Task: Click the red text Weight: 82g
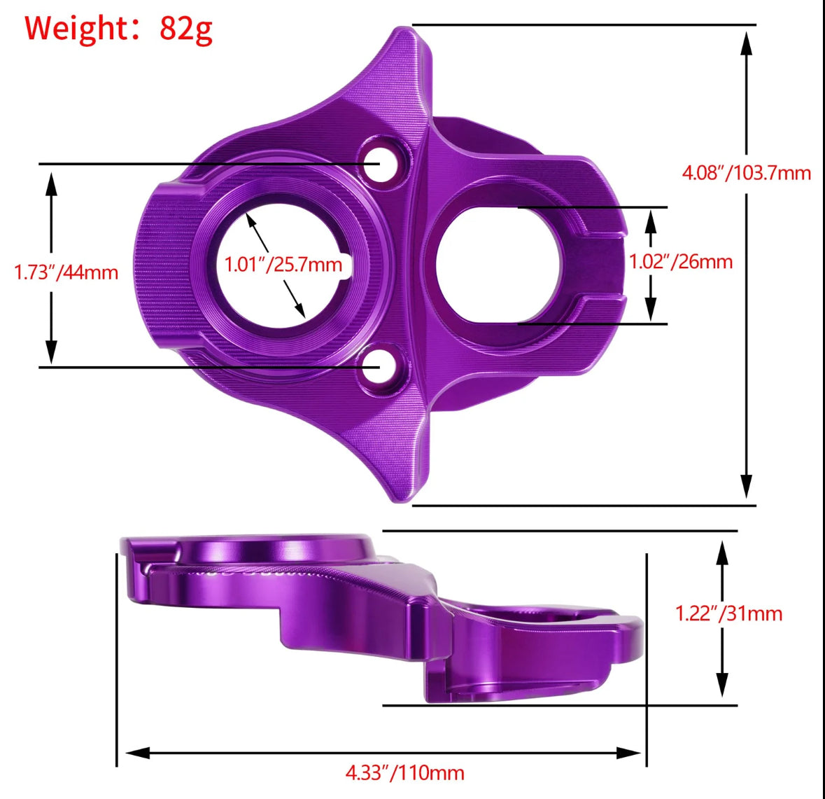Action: pos(118,28)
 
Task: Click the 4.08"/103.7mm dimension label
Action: pos(746,172)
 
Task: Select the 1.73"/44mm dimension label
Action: pos(66,272)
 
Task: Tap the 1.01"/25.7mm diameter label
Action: pos(283,264)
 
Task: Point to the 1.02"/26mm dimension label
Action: pos(681,261)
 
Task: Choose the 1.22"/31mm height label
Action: pos(728,613)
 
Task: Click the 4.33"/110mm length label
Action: pos(404,772)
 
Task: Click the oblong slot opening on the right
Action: pos(498,265)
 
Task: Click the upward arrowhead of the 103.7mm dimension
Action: pos(747,43)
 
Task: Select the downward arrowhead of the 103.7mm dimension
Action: pos(747,486)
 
